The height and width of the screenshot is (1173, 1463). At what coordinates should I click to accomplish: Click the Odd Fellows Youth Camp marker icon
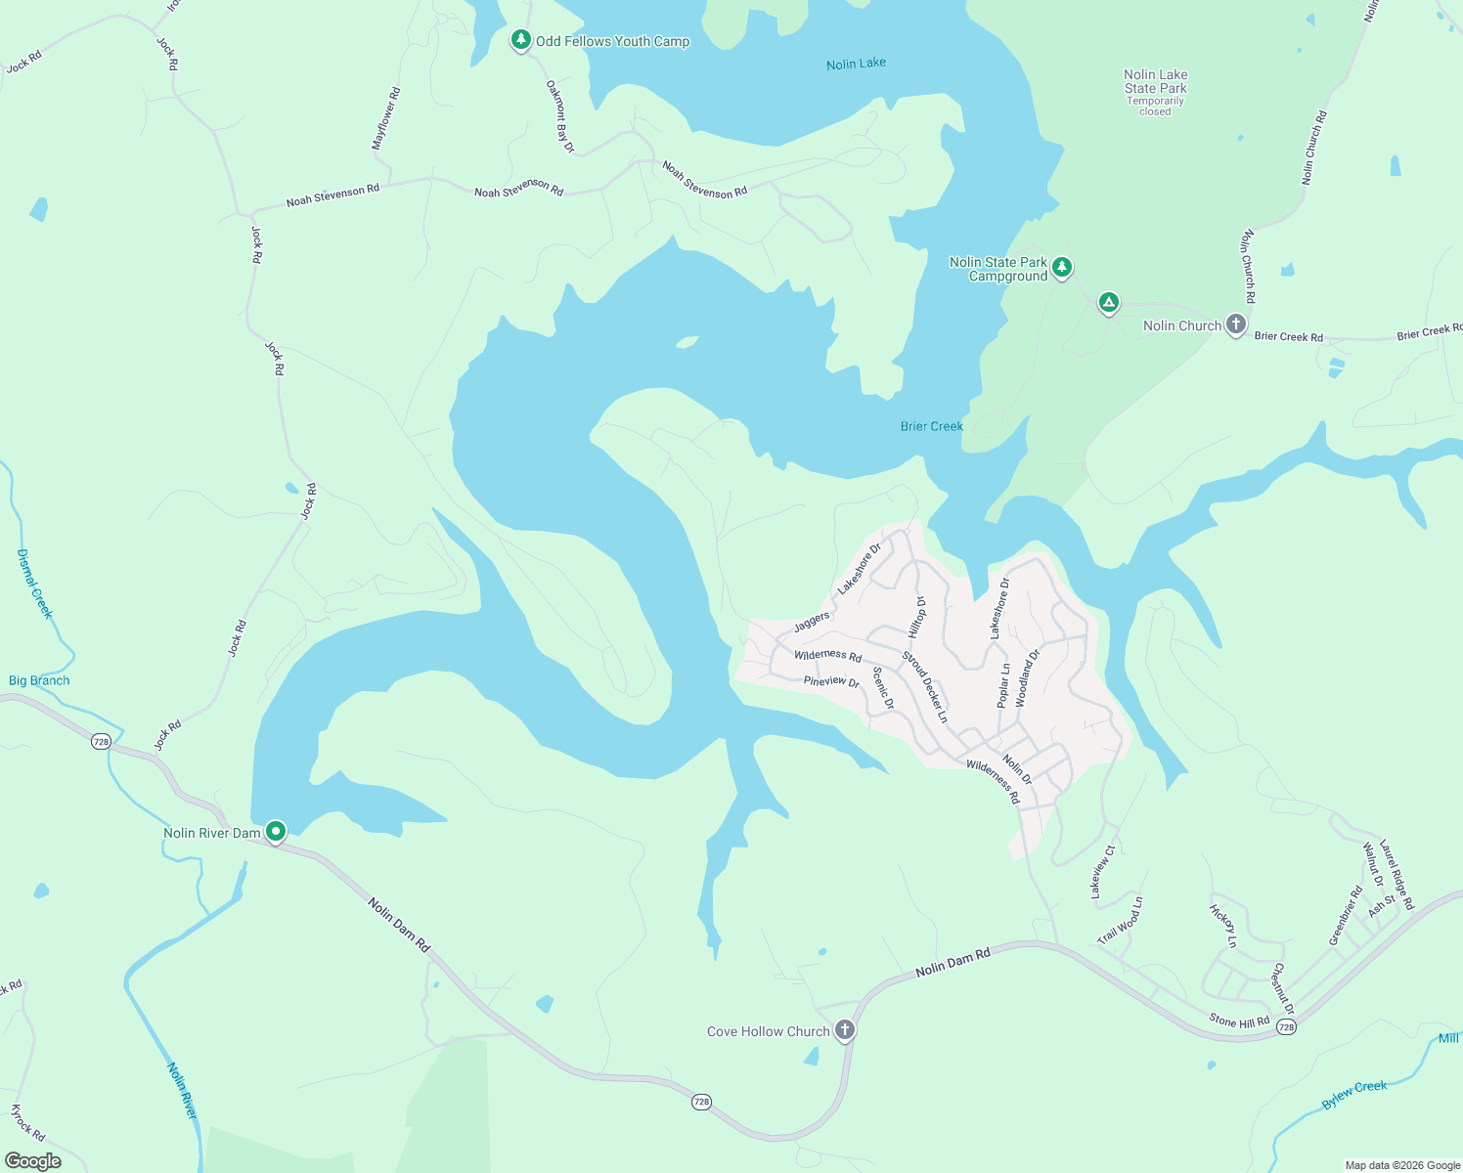tap(521, 40)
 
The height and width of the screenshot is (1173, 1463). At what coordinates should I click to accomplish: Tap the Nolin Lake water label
tap(856, 64)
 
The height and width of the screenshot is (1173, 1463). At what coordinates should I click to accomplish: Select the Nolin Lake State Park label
tap(1155, 82)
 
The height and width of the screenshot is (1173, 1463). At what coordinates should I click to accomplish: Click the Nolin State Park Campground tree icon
tap(1062, 266)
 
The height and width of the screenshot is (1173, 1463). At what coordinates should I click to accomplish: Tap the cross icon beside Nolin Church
tap(1236, 325)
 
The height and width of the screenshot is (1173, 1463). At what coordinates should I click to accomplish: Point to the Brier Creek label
tap(931, 426)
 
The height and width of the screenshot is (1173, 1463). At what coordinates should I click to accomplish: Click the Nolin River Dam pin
tap(276, 832)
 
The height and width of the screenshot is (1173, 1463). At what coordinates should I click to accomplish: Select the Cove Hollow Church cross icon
tap(845, 1029)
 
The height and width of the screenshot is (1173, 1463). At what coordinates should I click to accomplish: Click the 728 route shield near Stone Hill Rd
tap(1286, 1027)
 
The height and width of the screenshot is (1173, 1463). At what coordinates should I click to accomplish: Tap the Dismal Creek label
tap(33, 584)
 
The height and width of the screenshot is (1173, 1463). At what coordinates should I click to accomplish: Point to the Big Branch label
tap(39, 680)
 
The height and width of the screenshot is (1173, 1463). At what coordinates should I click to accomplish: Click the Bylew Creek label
tap(1354, 1094)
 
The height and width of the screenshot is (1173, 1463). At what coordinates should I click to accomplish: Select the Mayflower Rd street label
tap(385, 119)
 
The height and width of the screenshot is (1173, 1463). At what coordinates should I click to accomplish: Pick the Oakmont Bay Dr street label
tap(559, 116)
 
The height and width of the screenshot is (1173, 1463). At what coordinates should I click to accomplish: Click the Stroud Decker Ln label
tap(925, 686)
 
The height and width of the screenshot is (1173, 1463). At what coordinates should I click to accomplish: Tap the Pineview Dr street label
tap(831, 681)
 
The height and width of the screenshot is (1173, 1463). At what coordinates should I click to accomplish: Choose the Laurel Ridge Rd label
tap(1396, 875)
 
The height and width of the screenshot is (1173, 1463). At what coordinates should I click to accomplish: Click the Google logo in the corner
tap(33, 1161)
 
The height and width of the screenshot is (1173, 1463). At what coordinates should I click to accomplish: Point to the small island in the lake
tap(687, 342)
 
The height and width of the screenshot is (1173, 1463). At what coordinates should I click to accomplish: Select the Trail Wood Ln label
tap(1120, 921)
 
